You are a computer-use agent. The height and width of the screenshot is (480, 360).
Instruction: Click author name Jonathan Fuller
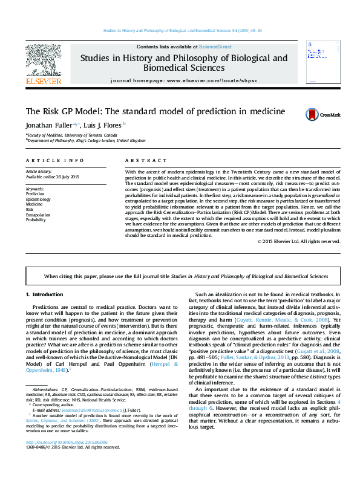(47, 125)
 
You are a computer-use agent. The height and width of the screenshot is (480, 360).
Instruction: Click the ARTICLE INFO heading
(54, 161)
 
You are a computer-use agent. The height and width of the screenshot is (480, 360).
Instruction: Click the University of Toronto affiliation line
(73, 135)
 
